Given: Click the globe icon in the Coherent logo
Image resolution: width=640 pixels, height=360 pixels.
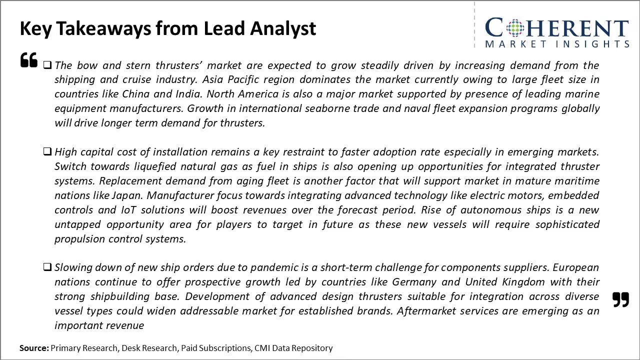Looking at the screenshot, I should point(514,28).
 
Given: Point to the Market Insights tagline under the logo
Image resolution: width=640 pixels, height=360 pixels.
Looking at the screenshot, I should point(557,44).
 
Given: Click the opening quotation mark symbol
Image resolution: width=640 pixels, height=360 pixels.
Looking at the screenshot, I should point(28,60).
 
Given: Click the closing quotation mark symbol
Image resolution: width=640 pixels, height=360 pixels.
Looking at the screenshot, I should point(620,299).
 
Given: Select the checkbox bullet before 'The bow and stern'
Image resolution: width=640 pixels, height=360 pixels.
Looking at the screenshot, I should point(47,65).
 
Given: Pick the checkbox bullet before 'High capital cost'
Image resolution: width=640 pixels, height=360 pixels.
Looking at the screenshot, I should point(47,151).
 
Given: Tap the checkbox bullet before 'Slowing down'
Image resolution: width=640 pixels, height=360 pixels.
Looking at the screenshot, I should point(47,267).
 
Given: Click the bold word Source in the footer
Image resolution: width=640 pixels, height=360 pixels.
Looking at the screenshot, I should point(34,348).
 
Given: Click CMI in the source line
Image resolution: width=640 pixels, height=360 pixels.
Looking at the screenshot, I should point(263,348).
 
